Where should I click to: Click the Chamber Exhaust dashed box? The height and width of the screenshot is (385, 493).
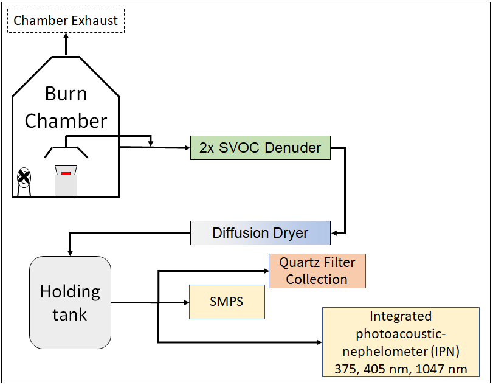pyautogui.click(x=66, y=21)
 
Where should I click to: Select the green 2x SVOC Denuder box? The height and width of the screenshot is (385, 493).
pyautogui.click(x=260, y=147)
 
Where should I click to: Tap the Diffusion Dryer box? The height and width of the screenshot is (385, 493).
pyautogui.click(x=260, y=233)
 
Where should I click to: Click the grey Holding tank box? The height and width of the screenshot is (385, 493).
pyautogui.click(x=70, y=302)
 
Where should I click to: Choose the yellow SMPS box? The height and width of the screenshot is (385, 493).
pyautogui.click(x=227, y=302)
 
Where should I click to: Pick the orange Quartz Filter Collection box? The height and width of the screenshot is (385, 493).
pyautogui.click(x=317, y=271)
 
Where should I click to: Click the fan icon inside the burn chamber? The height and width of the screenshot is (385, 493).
pyautogui.click(x=23, y=177)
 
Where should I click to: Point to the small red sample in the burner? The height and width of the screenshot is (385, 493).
pyautogui.click(x=66, y=175)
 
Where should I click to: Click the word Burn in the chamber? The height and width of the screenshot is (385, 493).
pyautogui.click(x=66, y=94)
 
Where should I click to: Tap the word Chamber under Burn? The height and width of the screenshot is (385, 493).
pyautogui.click(x=66, y=120)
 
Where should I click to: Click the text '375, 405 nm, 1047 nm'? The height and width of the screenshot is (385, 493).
pyautogui.click(x=401, y=369)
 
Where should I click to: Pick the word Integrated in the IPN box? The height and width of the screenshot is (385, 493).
pyautogui.click(x=401, y=316)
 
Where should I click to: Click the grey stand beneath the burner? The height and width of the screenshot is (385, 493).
pyautogui.click(x=66, y=186)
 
